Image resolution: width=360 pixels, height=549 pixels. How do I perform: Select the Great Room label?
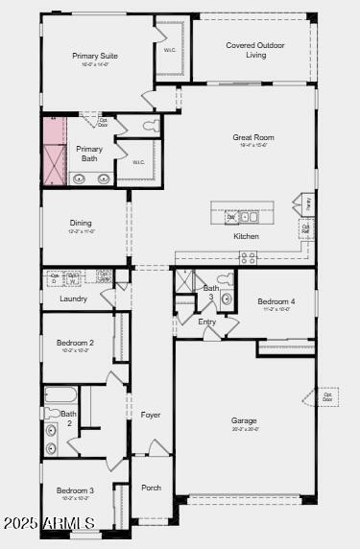(x=253, y=137)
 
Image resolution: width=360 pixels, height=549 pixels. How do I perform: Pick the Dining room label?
(x=81, y=223)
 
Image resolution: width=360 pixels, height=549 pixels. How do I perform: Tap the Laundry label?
(x=73, y=298)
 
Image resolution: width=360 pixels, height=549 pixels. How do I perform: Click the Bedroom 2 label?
(x=75, y=343)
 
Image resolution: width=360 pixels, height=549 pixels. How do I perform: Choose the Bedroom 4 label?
(x=276, y=302)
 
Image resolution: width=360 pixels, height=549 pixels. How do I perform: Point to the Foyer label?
(x=151, y=415)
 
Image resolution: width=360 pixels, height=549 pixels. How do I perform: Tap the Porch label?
(x=152, y=488)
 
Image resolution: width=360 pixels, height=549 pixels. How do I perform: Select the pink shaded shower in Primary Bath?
(x=53, y=152)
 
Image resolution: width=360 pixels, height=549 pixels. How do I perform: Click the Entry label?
(x=207, y=322)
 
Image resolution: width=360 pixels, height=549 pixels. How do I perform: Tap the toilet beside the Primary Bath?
(x=150, y=126)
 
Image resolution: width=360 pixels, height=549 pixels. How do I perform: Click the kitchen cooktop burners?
(x=248, y=256)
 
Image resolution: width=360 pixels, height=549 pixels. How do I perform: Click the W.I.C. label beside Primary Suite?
(x=169, y=50)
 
